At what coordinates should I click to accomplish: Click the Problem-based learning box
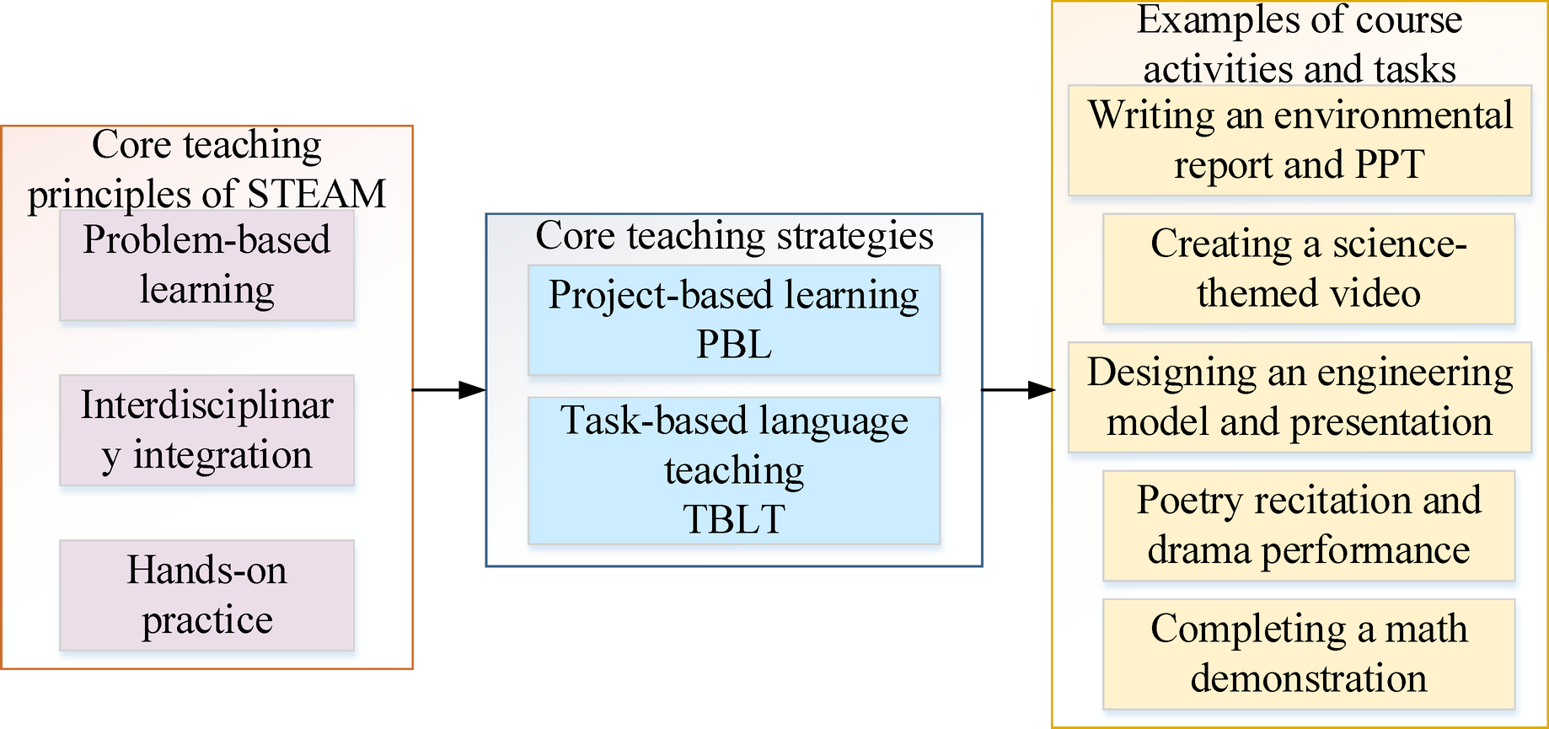tap(206, 265)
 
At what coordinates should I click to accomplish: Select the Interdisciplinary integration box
tap(206, 431)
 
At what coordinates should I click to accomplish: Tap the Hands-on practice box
tap(206, 596)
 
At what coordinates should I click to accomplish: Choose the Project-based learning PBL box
tap(733, 320)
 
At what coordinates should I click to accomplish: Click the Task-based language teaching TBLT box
tap(733, 470)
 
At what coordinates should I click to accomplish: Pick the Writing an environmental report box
tap(1300, 140)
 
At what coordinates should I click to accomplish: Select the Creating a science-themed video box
tap(1308, 269)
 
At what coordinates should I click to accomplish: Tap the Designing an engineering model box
tap(1300, 397)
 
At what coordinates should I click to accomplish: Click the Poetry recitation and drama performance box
tap(1308, 526)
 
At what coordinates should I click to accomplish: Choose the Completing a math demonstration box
tap(1308, 654)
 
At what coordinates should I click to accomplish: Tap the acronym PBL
tap(733, 345)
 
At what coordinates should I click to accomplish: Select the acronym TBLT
tap(733, 519)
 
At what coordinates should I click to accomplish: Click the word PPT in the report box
tap(1390, 165)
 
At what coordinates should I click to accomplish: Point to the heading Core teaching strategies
tap(734, 236)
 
